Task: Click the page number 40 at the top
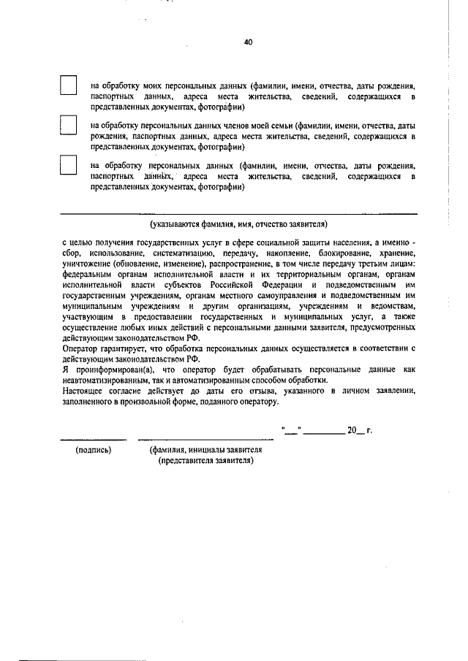[248, 42]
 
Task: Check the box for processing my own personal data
[68, 85]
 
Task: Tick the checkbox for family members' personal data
[68, 126]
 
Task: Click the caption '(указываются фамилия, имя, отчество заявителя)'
[238, 223]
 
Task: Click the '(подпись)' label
[94, 450]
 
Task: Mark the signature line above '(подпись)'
[83, 439]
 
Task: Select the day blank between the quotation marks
[290, 430]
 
